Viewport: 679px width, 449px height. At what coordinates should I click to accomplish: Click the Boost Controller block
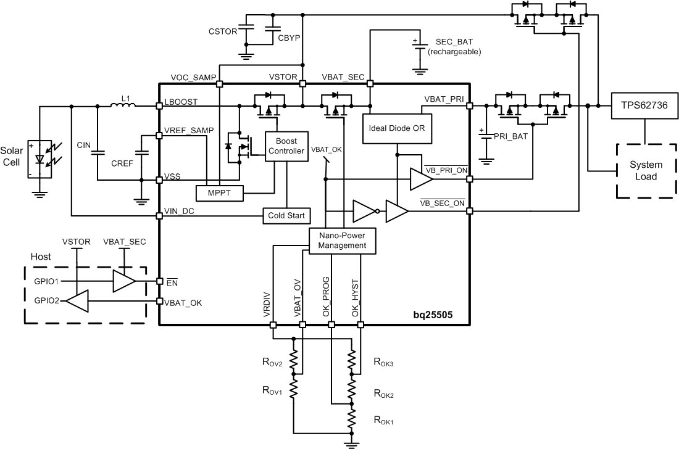(286, 146)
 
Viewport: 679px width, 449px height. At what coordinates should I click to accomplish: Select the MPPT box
(220, 193)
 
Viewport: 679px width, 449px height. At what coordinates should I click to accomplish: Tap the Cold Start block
(286, 216)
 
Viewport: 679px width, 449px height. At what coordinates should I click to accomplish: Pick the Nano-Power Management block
(341, 240)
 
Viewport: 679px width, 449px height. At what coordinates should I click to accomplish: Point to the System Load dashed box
(646, 171)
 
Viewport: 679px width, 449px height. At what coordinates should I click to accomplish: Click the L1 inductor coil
(124, 105)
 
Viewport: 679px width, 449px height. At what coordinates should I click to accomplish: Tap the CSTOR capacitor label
(223, 31)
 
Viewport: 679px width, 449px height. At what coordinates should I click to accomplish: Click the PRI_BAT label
(512, 136)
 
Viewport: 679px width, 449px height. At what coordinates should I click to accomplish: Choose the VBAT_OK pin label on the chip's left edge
(183, 302)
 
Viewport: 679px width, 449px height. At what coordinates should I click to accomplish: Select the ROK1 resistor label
(383, 421)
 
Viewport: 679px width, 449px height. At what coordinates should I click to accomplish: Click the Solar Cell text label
(11, 155)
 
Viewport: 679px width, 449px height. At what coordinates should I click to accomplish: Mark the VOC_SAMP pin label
(193, 77)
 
